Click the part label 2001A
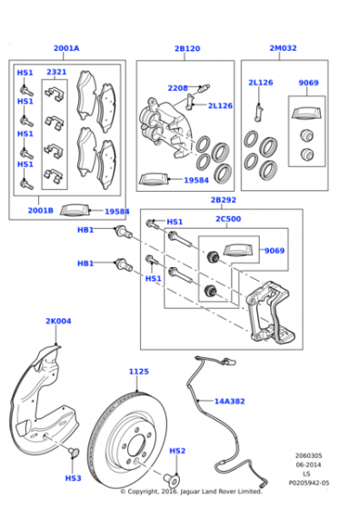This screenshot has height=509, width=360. click(66, 48)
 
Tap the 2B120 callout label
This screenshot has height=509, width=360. click(187, 48)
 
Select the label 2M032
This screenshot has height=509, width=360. click(283, 48)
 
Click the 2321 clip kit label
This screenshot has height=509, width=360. click(56, 72)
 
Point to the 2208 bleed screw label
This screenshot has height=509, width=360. click(177, 88)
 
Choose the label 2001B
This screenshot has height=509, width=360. click(41, 210)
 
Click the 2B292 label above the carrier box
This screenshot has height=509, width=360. click(224, 200)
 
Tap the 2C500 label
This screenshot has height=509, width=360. click(228, 219)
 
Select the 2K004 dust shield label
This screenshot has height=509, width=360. click(58, 321)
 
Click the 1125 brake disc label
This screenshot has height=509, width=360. click(139, 372)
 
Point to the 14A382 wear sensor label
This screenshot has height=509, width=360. click(229, 401)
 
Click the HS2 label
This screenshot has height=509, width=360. click(177, 451)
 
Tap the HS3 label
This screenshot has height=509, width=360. click(73, 478)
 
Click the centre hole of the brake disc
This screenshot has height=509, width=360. click(136, 445)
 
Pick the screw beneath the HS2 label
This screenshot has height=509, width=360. click(171, 479)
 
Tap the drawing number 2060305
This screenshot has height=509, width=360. click(308, 455)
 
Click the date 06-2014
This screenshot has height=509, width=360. click(308, 464)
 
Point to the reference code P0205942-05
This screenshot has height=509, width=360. click(309, 483)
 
